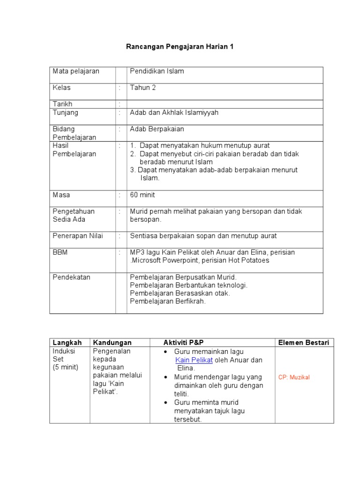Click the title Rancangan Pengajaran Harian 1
(180, 47)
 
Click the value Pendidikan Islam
(157, 71)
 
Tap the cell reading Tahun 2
(143, 88)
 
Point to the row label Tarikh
(62, 104)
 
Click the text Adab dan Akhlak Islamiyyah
(174, 112)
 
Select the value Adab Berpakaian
(157, 129)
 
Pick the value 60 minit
(142, 195)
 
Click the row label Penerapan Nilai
(78, 236)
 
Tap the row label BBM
(60, 252)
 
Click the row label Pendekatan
(71, 277)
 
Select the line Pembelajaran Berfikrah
(168, 301)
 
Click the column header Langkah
(67, 343)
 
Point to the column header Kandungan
(112, 343)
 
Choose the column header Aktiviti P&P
(184, 343)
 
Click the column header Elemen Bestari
(304, 343)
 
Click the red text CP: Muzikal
(294, 377)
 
